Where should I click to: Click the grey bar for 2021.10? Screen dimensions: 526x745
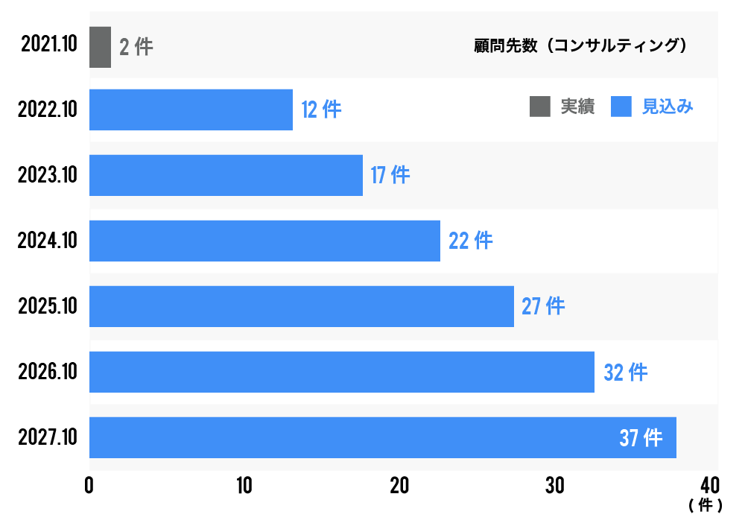click(100, 47)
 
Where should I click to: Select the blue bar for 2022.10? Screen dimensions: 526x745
click(191, 110)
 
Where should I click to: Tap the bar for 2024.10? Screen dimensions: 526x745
click(264, 241)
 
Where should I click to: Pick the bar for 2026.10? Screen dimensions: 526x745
click(341, 372)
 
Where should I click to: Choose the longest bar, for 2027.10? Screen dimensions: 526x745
click(382, 437)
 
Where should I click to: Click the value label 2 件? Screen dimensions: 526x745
click(136, 47)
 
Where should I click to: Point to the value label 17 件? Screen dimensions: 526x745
click(390, 175)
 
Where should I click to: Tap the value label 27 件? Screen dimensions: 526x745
click(543, 306)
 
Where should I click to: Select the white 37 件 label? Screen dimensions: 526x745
click(641, 438)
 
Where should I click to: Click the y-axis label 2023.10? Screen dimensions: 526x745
click(48, 175)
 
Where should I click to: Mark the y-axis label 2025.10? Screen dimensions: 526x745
click(48, 306)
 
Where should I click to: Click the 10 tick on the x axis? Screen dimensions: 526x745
click(244, 486)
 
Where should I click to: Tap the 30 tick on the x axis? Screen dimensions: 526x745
click(554, 486)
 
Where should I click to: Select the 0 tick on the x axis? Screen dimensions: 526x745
click(89, 486)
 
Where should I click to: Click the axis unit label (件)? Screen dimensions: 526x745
click(705, 506)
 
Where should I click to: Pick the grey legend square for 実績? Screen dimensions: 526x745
click(539, 107)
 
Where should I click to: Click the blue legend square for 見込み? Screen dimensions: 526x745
click(621, 107)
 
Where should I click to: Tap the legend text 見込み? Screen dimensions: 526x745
click(668, 107)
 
